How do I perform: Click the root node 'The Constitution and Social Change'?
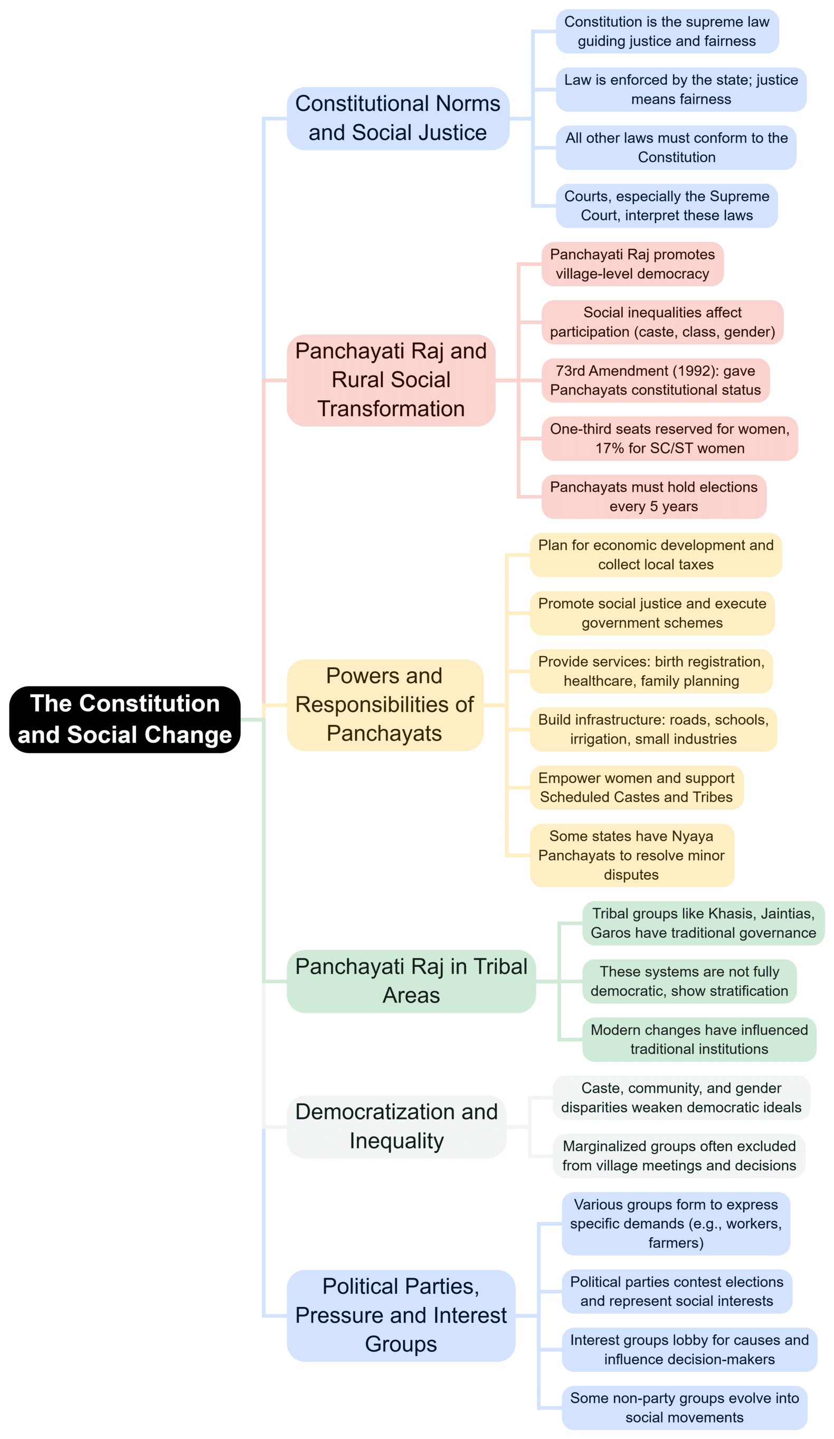point(125,719)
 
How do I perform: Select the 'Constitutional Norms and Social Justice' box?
point(397,118)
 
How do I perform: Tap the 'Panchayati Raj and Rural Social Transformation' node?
point(391,380)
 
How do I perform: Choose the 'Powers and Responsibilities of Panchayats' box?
point(384,704)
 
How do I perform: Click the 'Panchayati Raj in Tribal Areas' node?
point(411,981)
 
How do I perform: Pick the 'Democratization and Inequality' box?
point(396,1126)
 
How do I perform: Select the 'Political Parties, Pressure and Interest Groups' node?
point(400,1315)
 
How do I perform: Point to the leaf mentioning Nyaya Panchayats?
point(631,855)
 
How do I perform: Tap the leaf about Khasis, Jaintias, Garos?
point(703,923)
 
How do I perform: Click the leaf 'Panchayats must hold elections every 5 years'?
point(653,496)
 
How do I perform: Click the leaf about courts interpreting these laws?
point(666,205)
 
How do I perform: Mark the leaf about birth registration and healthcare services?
point(651,671)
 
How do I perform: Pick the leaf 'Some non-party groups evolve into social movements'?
point(684,1408)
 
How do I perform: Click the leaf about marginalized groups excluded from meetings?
point(678,1156)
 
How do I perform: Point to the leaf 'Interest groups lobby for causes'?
point(689,1349)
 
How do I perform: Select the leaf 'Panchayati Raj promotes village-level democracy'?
point(632,264)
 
